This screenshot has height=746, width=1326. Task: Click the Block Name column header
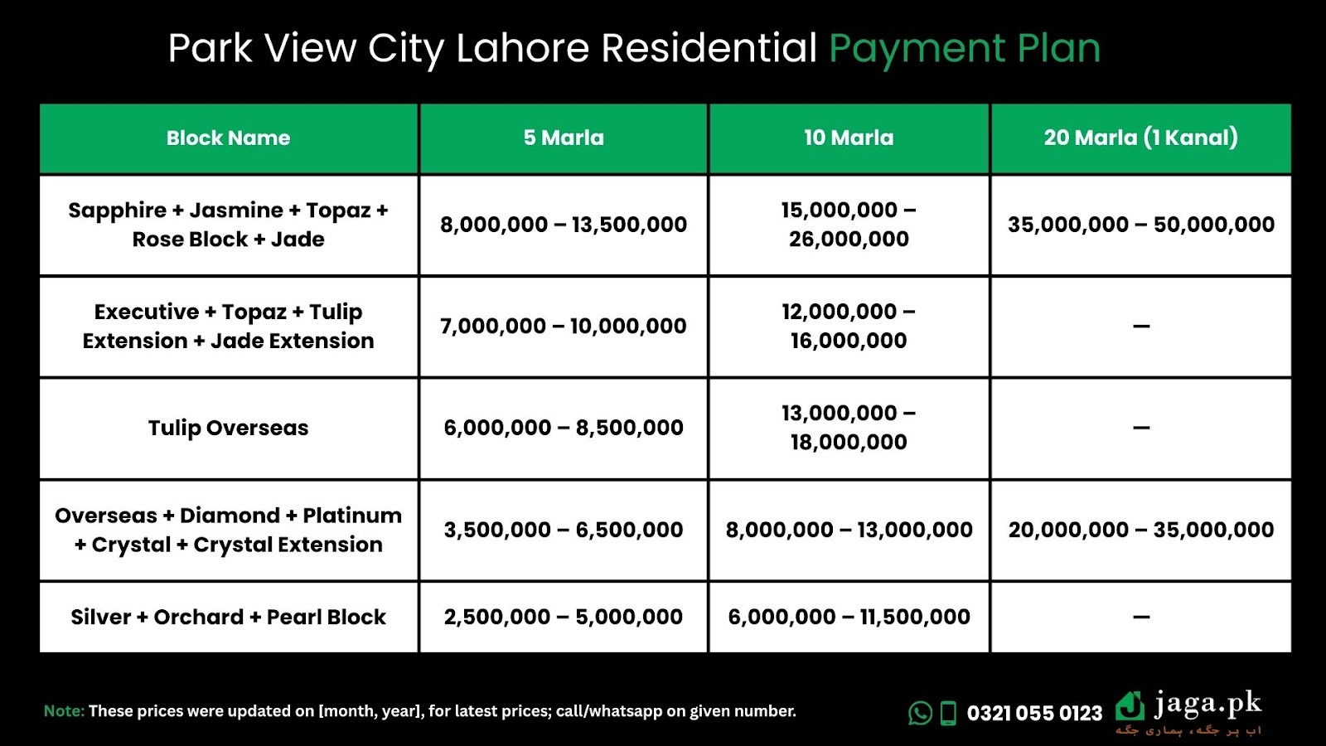(x=228, y=138)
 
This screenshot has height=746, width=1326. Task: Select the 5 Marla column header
(x=564, y=138)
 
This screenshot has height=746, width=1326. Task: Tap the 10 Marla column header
(x=849, y=138)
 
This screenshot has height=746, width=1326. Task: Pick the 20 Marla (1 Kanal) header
(x=1140, y=138)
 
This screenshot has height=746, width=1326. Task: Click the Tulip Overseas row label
(x=228, y=428)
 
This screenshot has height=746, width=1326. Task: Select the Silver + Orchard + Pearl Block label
(x=228, y=617)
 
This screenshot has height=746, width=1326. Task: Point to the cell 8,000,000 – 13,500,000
(x=564, y=225)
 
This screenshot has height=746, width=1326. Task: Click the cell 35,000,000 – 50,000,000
(x=1140, y=225)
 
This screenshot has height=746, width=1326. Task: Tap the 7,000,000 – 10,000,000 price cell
(x=564, y=326)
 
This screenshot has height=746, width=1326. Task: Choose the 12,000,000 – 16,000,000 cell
(x=849, y=326)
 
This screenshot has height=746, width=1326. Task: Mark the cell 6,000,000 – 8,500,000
(x=564, y=428)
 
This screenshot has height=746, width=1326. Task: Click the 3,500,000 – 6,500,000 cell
(x=564, y=530)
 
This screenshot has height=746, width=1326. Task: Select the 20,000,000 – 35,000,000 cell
(x=1140, y=530)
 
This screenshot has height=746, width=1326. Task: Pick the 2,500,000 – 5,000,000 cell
(x=564, y=617)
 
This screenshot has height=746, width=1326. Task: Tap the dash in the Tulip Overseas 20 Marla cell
(x=1141, y=429)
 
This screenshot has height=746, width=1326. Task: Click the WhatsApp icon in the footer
(x=920, y=713)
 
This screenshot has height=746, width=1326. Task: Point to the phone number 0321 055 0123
(x=1034, y=713)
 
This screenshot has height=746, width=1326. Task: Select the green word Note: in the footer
(x=64, y=711)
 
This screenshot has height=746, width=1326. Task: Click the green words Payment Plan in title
(x=965, y=48)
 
